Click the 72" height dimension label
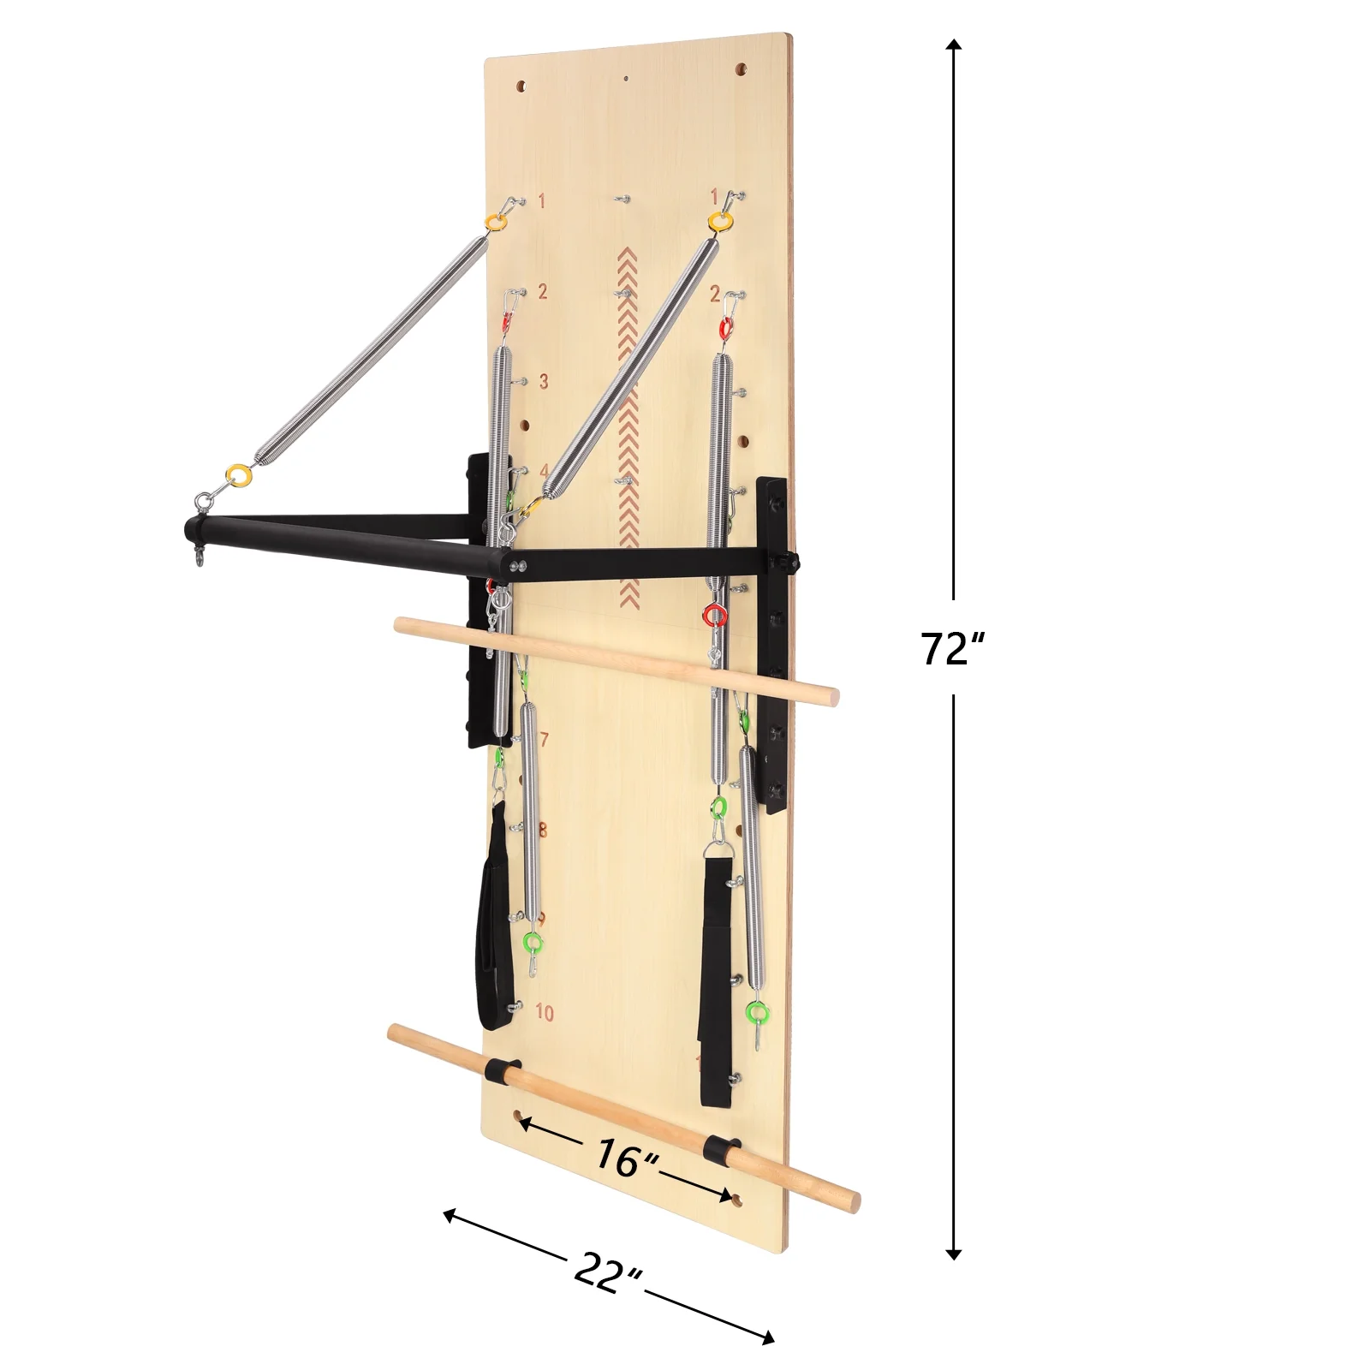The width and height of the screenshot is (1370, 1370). coord(952,648)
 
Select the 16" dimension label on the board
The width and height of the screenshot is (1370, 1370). coord(627,1158)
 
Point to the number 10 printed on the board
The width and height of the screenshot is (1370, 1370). coord(545,1012)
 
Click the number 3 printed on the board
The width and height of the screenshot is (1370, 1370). coord(544,381)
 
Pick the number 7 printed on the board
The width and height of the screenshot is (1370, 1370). coord(545,739)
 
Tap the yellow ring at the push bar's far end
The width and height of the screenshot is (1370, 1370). coord(238,474)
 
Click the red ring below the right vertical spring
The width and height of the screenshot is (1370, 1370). coord(715,614)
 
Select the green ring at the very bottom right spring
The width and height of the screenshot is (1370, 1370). coord(758,1013)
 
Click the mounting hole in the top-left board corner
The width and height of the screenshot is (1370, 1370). coord(521,86)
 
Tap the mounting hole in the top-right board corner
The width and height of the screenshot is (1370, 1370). coord(741,68)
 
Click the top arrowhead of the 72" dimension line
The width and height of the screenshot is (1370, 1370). coord(954,45)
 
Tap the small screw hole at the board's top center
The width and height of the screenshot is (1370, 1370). coord(626,78)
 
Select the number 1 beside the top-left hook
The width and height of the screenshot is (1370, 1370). coord(541,201)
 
